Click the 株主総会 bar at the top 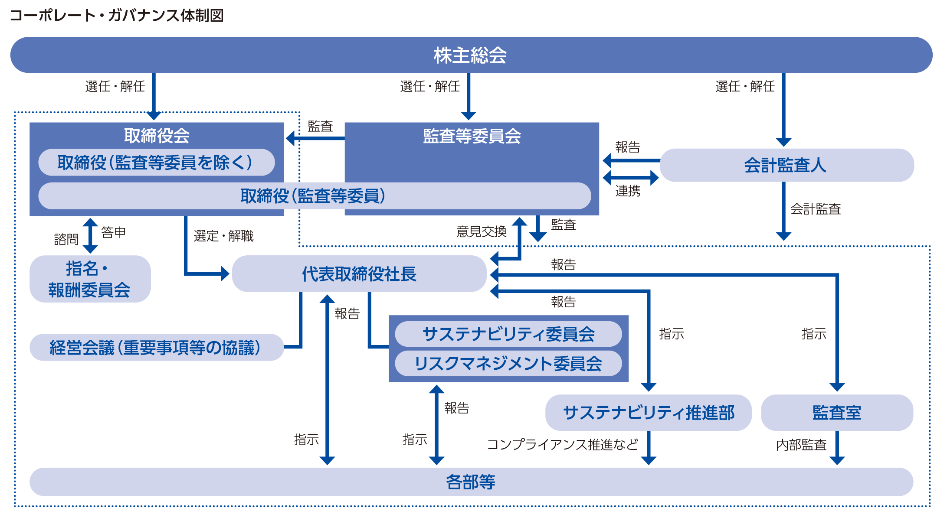(x=471, y=55)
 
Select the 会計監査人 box (x=786, y=165)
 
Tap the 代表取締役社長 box (x=359, y=274)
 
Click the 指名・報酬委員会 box (x=90, y=279)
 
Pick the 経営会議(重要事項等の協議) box (x=156, y=348)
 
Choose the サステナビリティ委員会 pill (x=508, y=334)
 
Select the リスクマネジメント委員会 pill (x=508, y=363)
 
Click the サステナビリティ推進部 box (x=648, y=413)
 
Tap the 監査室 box (x=836, y=413)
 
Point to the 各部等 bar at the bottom (x=471, y=482)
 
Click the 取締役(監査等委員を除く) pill (x=156, y=163)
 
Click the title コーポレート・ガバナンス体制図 (x=117, y=16)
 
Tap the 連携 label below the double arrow (x=628, y=191)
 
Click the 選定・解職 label (x=223, y=236)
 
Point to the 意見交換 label (x=481, y=232)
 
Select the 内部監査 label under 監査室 (x=801, y=445)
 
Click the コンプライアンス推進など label (x=562, y=445)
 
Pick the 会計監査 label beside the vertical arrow (x=815, y=209)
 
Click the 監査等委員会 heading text (x=472, y=136)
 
